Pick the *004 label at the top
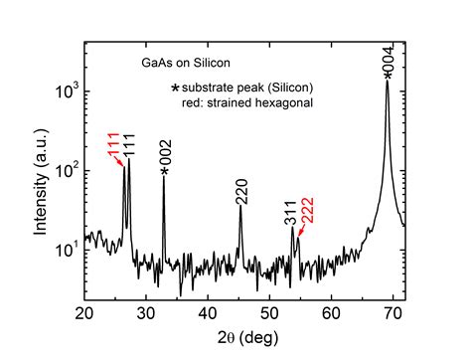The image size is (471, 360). coord(388,61)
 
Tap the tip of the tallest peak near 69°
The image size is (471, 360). coord(388,82)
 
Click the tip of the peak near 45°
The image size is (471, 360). coord(240,207)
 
